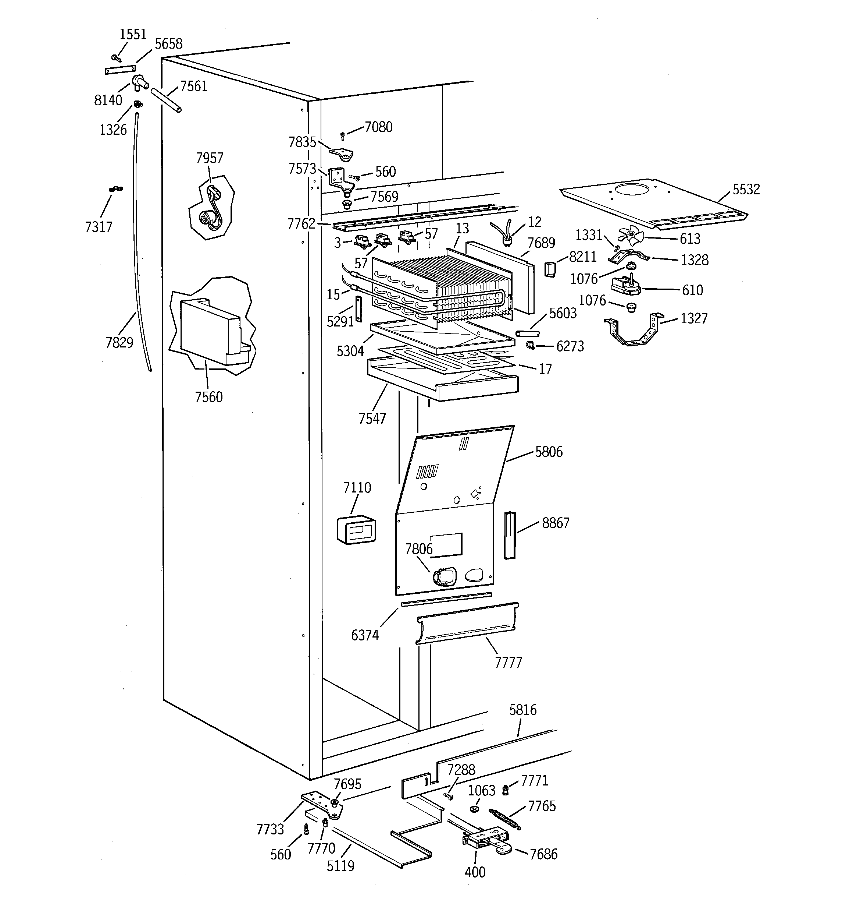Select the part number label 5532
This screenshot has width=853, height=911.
[746, 189]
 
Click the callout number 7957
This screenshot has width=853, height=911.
[209, 158]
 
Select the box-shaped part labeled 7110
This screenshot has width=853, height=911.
[356, 530]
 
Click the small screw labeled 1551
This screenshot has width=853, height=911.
[116, 58]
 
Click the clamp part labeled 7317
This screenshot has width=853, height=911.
[116, 189]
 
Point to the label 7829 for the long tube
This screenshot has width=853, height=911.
[119, 342]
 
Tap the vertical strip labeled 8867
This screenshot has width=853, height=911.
[510, 535]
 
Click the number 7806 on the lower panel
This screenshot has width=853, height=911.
[418, 548]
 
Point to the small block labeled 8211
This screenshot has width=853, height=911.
[549, 269]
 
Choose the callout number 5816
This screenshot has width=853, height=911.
[522, 710]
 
